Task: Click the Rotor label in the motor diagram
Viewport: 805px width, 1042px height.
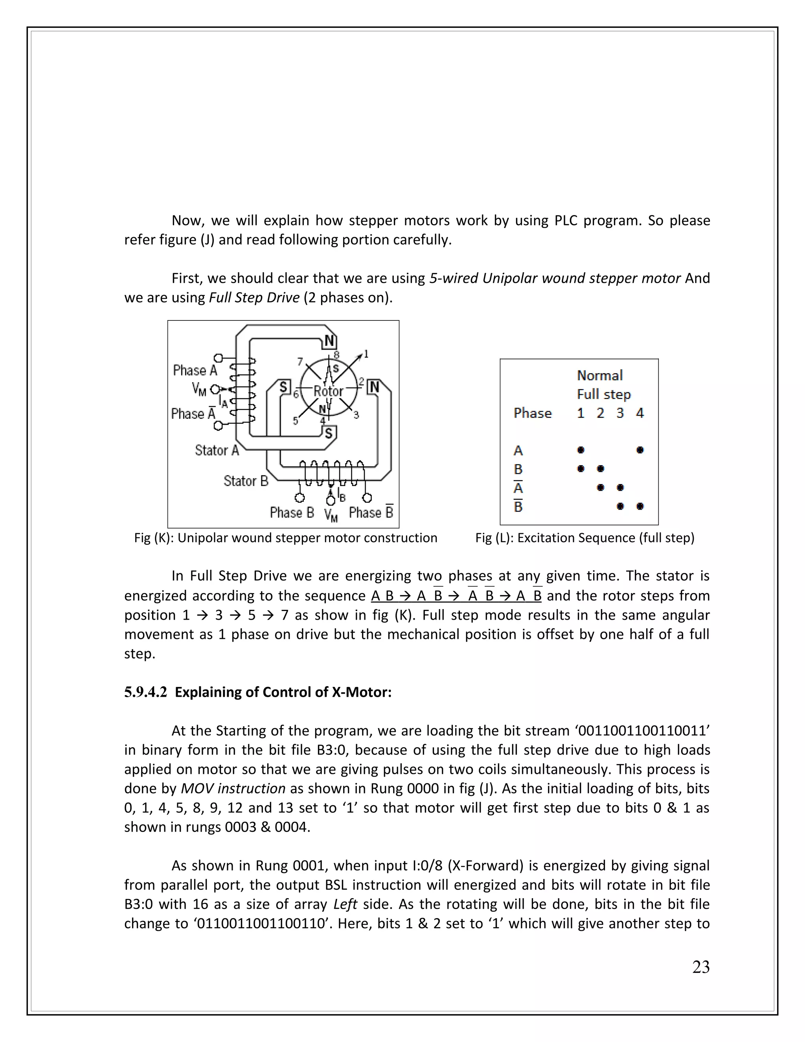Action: click(328, 391)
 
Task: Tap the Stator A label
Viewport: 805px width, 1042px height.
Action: click(217, 450)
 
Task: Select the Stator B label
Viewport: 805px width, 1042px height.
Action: click(246, 480)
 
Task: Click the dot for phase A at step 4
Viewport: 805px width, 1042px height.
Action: click(640, 450)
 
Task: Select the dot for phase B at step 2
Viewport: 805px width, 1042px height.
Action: click(601, 469)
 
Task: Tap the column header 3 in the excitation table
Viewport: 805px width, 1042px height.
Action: click(620, 413)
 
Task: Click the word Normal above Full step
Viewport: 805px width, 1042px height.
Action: click(599, 376)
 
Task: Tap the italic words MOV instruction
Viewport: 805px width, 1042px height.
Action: click(233, 788)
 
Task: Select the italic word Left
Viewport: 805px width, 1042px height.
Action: click(345, 904)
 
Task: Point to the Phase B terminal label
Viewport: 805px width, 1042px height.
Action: click(292, 512)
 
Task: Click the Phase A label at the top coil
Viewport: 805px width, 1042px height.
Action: click(195, 370)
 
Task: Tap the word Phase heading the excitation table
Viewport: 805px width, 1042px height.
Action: click(532, 413)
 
